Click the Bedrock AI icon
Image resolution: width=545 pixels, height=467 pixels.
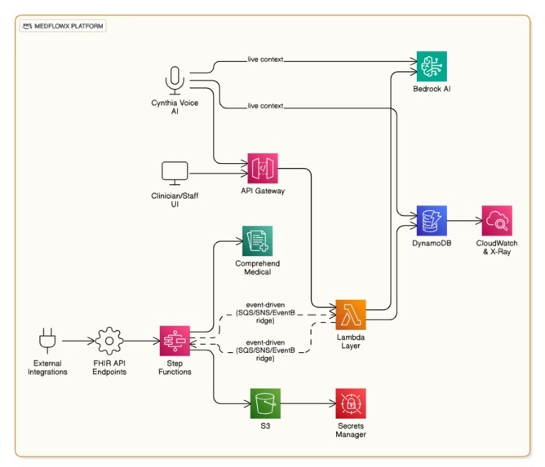click(x=432, y=66)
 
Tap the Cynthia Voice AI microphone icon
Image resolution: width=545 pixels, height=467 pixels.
click(x=174, y=80)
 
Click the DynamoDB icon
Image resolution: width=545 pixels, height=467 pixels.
click(x=432, y=220)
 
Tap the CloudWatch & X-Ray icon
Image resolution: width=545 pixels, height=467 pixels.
click(x=496, y=220)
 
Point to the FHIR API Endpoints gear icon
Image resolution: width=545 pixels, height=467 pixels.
click(x=109, y=340)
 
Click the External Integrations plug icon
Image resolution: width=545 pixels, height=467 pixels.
click(x=46, y=340)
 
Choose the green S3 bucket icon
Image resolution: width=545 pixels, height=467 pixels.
click(x=264, y=403)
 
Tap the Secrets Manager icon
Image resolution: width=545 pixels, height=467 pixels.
click(x=351, y=403)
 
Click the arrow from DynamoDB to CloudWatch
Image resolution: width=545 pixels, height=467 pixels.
click(x=464, y=220)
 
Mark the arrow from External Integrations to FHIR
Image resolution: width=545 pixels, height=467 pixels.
click(x=78, y=340)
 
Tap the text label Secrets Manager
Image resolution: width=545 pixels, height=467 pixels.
click(x=351, y=430)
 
